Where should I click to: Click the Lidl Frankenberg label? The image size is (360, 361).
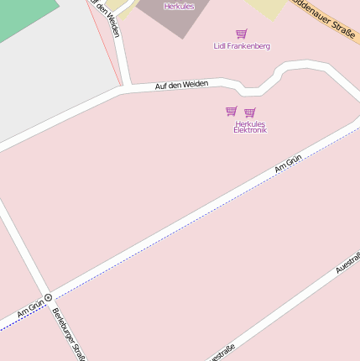[x=242, y=46]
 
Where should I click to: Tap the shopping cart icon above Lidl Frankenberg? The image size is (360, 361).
[x=242, y=34]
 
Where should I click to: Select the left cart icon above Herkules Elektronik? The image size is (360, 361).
[x=231, y=111]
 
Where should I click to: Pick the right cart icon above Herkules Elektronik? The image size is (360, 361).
[x=250, y=112]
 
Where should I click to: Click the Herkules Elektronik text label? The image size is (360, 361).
[x=250, y=127]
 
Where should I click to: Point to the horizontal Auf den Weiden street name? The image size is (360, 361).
[x=181, y=85]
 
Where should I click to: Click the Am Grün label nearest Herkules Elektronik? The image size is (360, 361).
[x=288, y=164]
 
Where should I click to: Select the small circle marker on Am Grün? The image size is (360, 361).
[x=49, y=297]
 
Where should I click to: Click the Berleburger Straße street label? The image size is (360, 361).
[x=69, y=333]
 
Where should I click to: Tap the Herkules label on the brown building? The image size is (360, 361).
[x=179, y=6]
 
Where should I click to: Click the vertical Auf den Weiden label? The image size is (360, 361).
[x=108, y=17]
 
